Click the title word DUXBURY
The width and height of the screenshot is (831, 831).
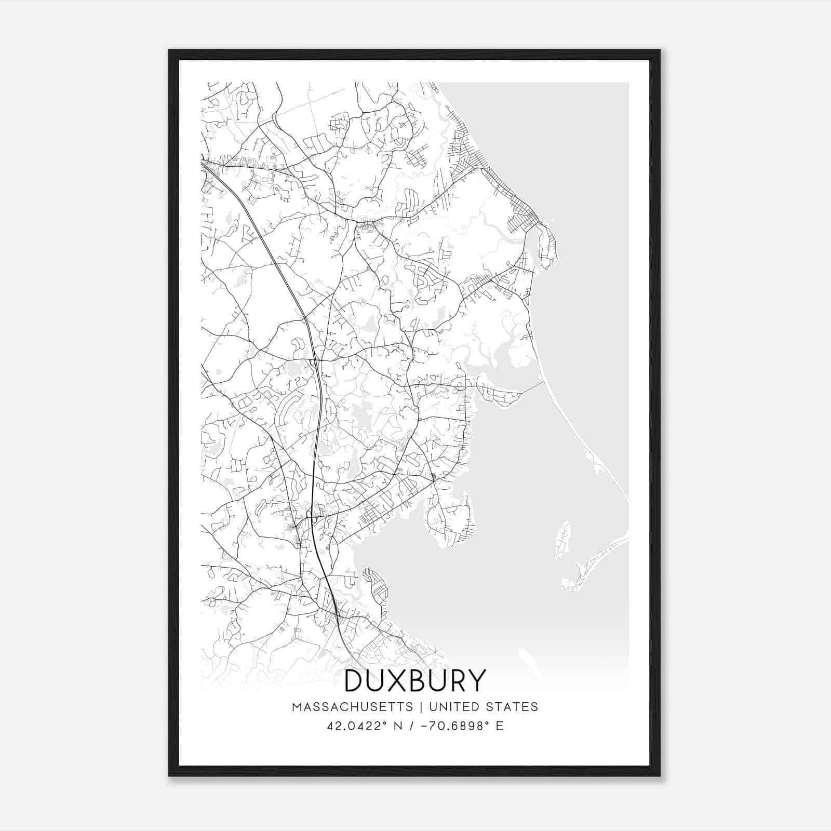pyautogui.click(x=415, y=680)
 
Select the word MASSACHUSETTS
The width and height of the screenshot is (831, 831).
pyautogui.click(x=353, y=707)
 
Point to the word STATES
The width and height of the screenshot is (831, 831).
pyautogui.click(x=513, y=707)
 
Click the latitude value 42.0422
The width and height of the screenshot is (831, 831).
pyautogui.click(x=355, y=726)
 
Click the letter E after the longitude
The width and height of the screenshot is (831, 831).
pyautogui.click(x=500, y=726)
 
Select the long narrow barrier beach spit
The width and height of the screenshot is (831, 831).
pyautogui.click(x=582, y=441)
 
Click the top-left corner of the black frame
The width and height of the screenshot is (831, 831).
pyautogui.click(x=169, y=50)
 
